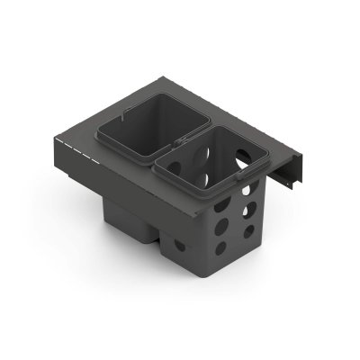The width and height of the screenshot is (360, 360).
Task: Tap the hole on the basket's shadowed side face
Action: [x=180, y=243]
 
